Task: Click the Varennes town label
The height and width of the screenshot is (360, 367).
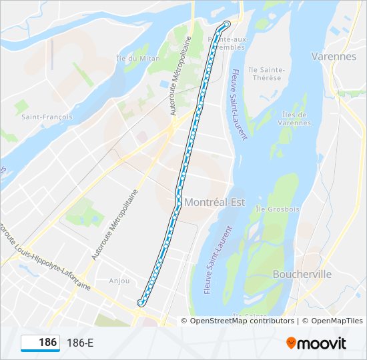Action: pos(334,57)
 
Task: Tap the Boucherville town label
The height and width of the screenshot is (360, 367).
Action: pos(302,274)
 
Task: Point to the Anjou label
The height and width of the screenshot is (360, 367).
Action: pos(119,281)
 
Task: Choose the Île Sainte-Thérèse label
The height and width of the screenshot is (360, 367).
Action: pos(266,73)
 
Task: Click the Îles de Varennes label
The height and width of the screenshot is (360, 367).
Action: pos(294,118)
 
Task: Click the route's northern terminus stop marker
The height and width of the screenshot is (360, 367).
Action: pos(227,25)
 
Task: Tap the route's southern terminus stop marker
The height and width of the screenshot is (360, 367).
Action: pos(140,303)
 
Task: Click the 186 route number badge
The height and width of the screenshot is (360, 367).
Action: pos(41,343)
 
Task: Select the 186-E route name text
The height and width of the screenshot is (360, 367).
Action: pos(80,343)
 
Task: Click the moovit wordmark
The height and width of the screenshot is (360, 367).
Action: pos(323,343)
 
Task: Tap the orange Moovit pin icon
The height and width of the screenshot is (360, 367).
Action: pos(292,343)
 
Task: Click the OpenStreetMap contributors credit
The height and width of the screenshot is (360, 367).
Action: pos(242,321)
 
